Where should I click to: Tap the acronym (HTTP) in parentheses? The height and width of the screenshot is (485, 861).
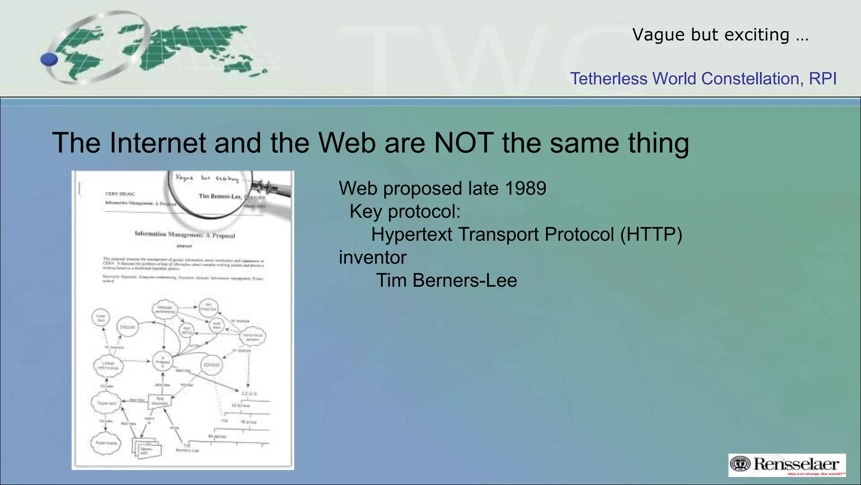651,235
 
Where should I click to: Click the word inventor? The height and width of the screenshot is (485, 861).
372,258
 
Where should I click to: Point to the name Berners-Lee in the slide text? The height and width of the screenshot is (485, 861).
465,280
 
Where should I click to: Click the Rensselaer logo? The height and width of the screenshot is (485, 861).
787,465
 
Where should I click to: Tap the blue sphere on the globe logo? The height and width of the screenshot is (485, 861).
49,59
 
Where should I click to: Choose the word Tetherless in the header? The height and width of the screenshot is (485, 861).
608,79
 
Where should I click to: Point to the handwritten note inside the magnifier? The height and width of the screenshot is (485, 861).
206,179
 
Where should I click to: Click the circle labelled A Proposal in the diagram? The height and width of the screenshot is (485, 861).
163,362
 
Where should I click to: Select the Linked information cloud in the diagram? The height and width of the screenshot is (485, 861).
108,365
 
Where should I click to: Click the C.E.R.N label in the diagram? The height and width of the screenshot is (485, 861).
249,394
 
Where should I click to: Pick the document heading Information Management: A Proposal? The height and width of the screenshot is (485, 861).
185,235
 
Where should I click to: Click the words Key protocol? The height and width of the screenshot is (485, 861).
405,211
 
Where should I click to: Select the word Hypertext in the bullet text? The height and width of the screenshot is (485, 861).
411,235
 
